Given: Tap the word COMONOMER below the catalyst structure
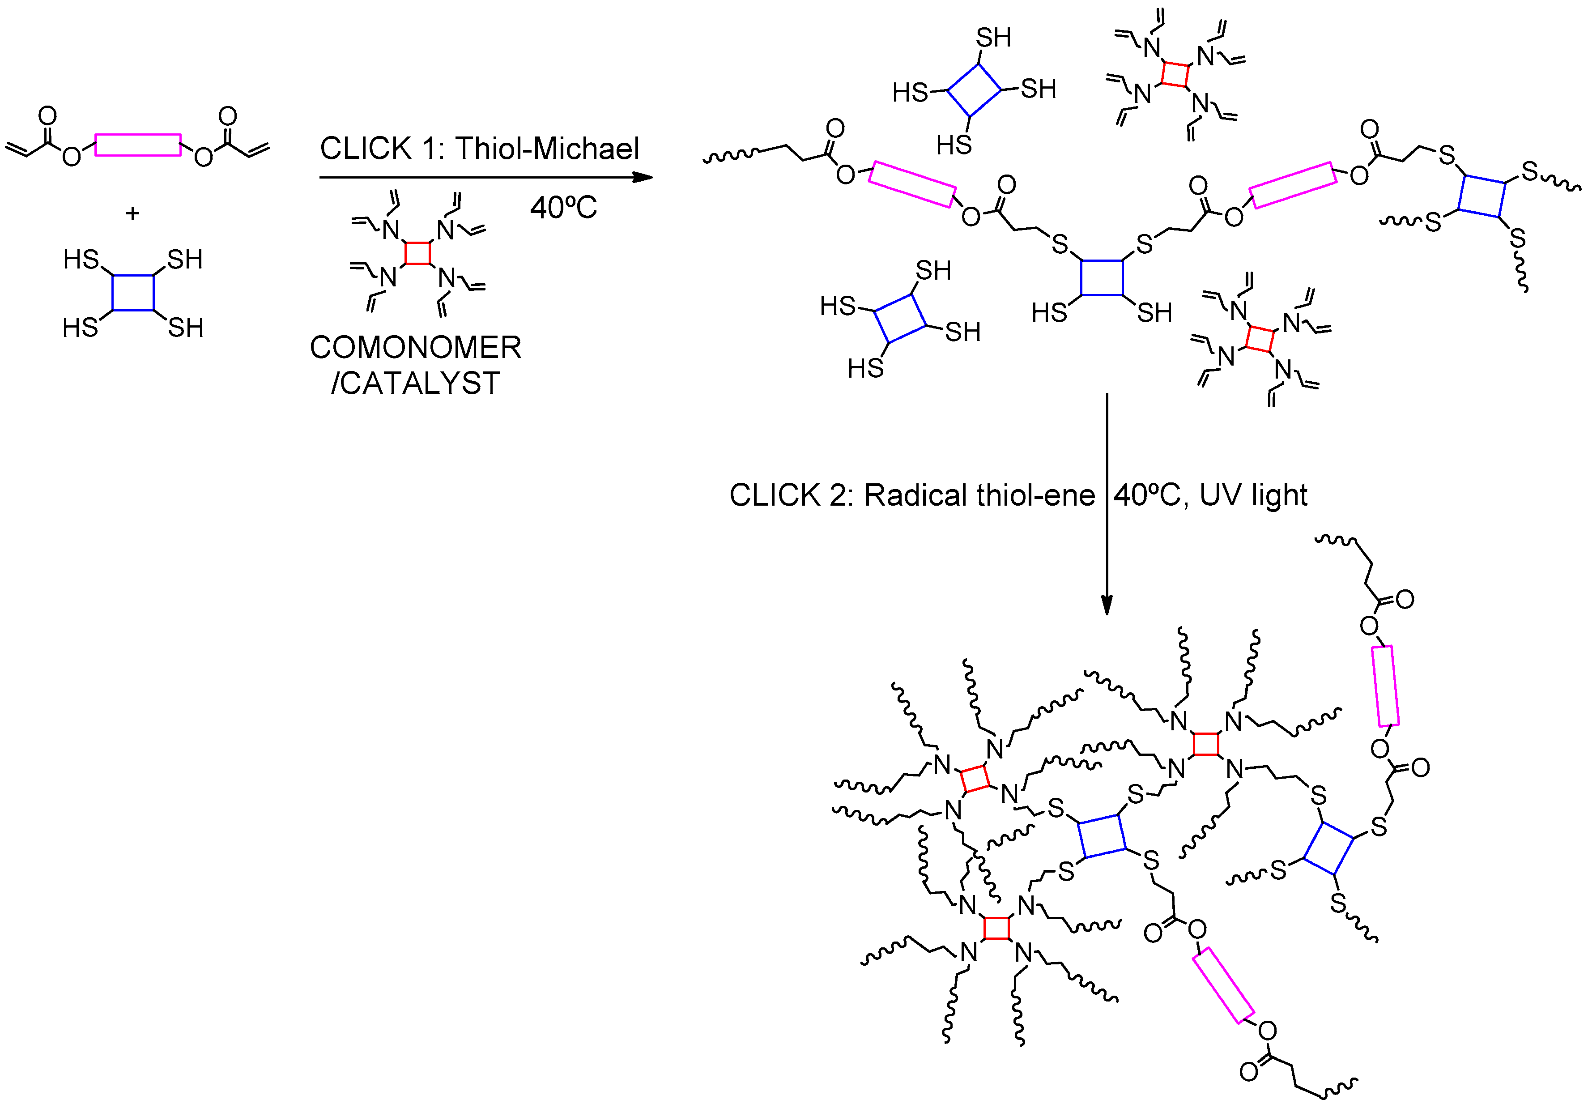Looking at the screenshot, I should pos(415,347).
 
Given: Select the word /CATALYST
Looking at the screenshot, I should pos(415,383).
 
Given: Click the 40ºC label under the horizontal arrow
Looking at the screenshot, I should pos(563,208).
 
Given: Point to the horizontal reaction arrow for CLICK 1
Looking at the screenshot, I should pos(484,178).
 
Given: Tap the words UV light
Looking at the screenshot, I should pos(1253,495).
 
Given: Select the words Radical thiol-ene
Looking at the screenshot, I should pos(979,495).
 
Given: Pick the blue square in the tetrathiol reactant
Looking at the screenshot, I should pos(133,293).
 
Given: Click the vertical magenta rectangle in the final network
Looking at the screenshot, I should pos(1385,686).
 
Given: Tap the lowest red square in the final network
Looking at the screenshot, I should pos(996,928).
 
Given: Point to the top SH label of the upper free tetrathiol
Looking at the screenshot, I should pos(993,37).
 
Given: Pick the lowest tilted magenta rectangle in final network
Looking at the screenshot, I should pos(1223,985).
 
